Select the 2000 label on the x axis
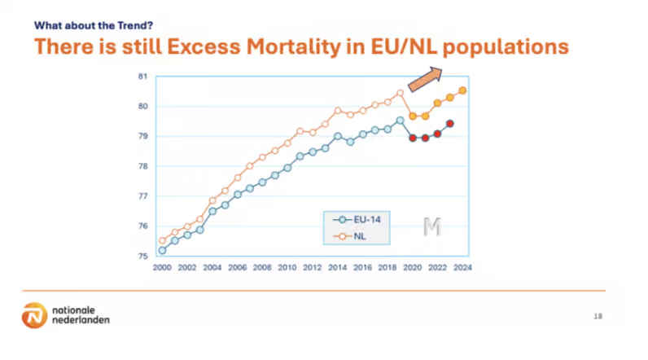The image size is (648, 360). [x=162, y=267]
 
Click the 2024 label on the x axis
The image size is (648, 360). [x=463, y=267]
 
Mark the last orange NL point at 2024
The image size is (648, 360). [x=462, y=90]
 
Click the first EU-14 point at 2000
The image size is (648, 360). [x=162, y=250]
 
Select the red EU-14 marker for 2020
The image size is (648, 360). [x=413, y=138]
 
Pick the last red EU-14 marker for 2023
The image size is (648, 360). [x=450, y=124]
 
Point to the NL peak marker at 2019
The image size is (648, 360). [x=400, y=93]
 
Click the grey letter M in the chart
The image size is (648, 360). [x=431, y=227]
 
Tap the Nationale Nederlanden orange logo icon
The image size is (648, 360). [x=34, y=315]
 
